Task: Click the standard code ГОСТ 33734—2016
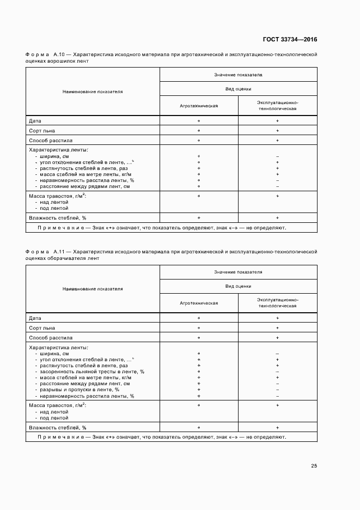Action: coord(290,39)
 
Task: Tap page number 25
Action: coord(314,465)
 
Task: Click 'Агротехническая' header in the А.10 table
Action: coord(199,106)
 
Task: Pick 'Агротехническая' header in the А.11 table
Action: coord(199,303)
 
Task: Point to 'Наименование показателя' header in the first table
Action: coord(93,92)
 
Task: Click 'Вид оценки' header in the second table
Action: coord(239,286)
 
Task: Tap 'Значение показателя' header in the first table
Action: coord(239,75)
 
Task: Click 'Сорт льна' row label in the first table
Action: coord(42,131)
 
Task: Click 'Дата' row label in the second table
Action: coord(35,318)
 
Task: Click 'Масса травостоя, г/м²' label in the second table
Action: coord(57,405)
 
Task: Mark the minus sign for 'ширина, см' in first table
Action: coord(278,157)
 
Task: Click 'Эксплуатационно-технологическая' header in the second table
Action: coord(278,303)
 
